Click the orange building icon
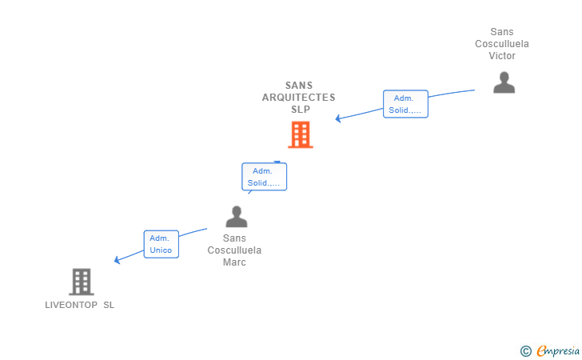click(300, 135)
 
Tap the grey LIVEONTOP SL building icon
click(81, 282)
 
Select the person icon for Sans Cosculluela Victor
click(504, 82)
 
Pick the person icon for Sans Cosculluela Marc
click(236, 216)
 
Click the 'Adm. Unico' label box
click(161, 244)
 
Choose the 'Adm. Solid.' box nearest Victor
click(405, 104)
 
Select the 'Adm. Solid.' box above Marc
click(264, 177)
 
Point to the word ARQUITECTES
click(299, 98)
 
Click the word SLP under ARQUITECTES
click(300, 110)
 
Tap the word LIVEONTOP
click(71, 305)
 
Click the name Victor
click(502, 56)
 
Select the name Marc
click(234, 262)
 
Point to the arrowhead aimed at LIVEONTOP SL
click(117, 259)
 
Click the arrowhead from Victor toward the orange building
click(338, 118)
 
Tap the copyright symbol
click(525, 350)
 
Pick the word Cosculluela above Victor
click(502, 44)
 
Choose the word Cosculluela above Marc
click(234, 250)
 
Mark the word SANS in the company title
click(299, 86)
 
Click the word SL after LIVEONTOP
click(109, 305)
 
